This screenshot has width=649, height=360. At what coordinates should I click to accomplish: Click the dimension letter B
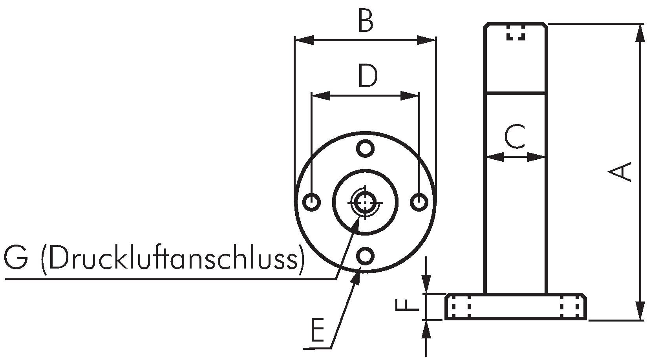[366, 20]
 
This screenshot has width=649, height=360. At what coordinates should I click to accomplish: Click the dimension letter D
[368, 76]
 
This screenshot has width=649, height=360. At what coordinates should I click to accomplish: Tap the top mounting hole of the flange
[365, 148]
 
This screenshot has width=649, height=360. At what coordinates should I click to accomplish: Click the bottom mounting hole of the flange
[365, 256]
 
